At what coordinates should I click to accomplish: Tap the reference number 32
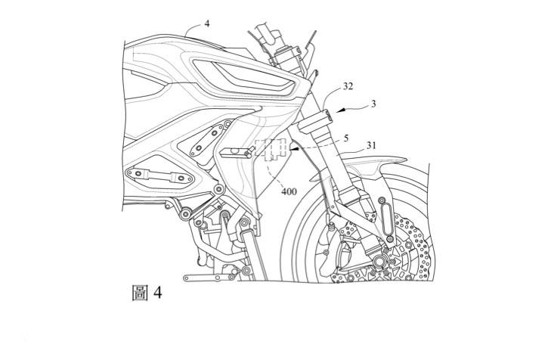coord(348,87)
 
